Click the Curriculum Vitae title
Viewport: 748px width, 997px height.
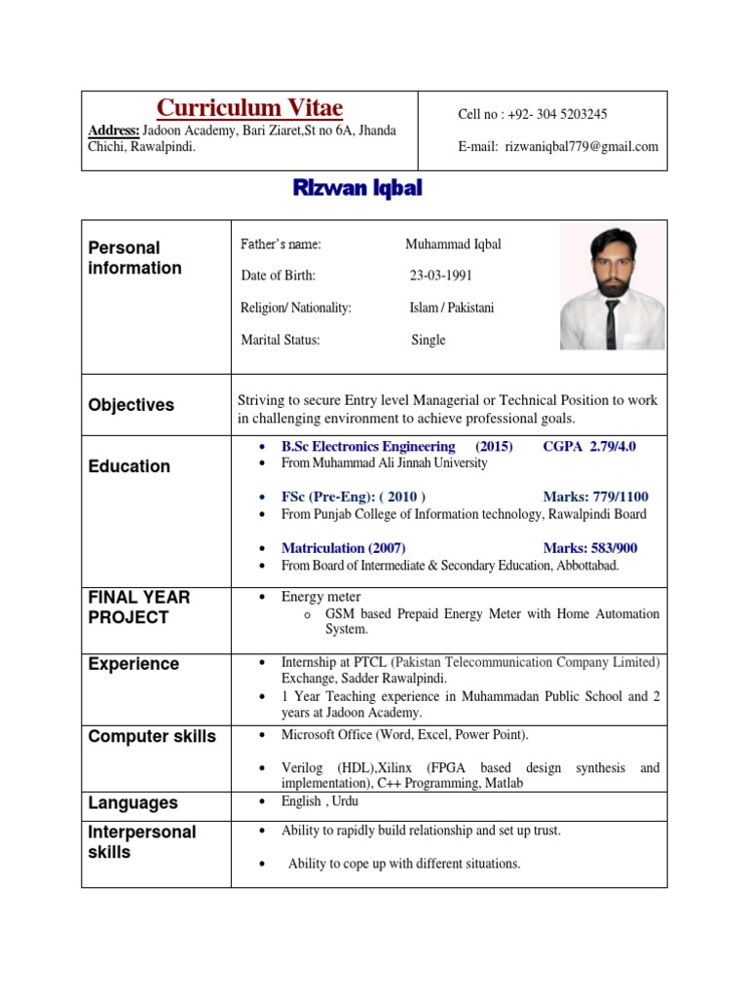coord(250,107)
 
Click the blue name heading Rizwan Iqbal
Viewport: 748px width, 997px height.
coord(357,189)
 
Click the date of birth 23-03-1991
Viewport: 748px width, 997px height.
coord(440,276)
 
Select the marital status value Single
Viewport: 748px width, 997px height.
coord(429,340)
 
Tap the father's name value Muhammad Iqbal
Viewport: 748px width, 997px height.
coord(453,244)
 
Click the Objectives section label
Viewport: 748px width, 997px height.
coord(131,405)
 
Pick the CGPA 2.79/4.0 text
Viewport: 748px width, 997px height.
coord(589,446)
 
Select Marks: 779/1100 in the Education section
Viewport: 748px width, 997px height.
coord(595,497)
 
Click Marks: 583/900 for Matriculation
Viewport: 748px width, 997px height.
coord(590,548)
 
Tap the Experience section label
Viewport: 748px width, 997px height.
coord(133,664)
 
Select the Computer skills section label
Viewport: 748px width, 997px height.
coord(152,736)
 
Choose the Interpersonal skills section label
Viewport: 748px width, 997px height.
coord(142,842)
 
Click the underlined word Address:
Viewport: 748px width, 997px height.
coord(114,130)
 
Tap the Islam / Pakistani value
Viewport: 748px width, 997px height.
coord(452,308)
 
